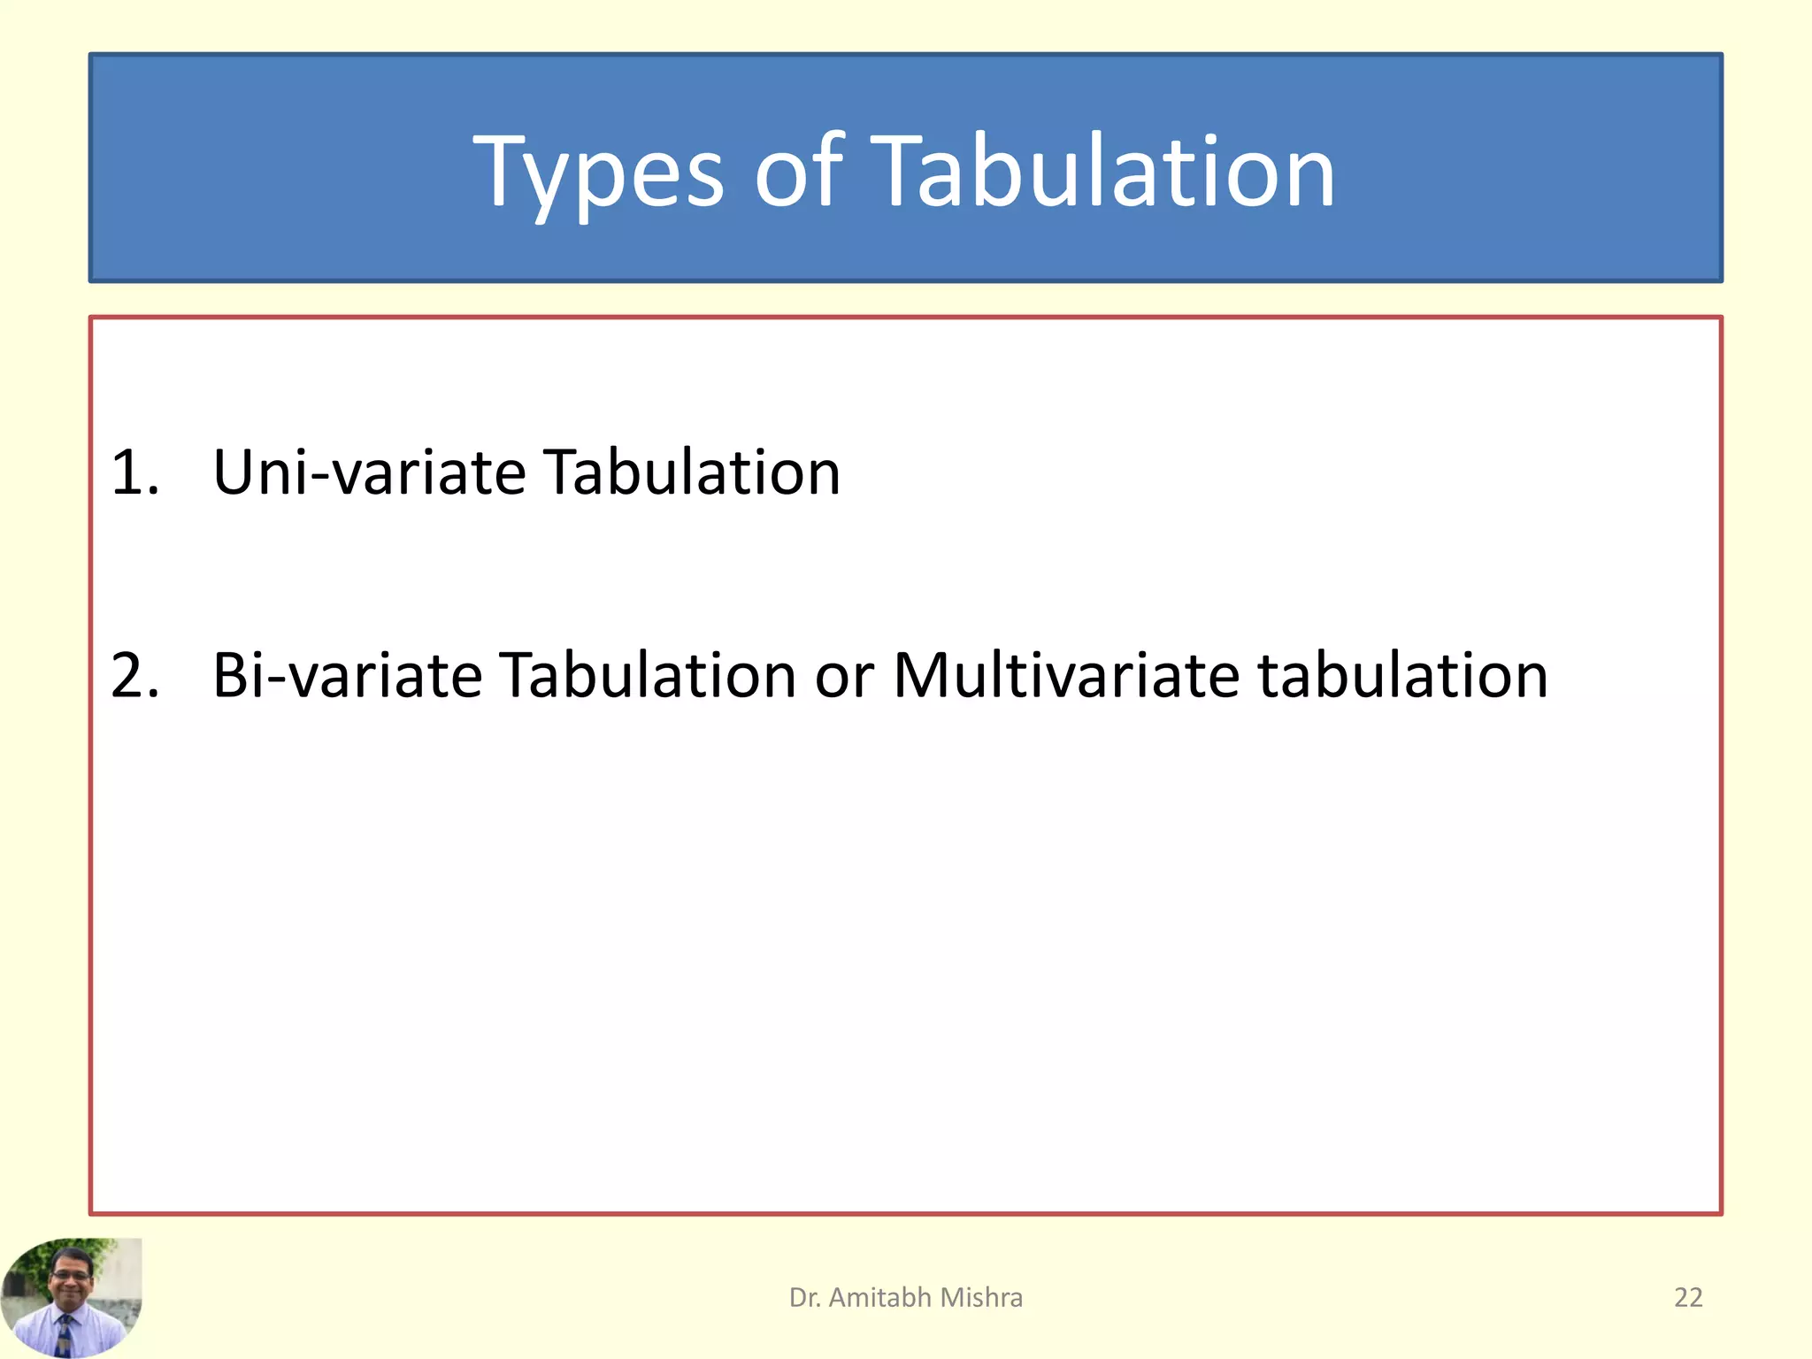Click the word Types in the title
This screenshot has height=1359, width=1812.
click(598, 173)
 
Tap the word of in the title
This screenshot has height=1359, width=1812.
click(798, 173)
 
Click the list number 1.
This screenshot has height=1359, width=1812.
click(134, 472)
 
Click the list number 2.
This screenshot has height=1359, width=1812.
click(134, 676)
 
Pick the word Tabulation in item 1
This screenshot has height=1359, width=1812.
click(691, 472)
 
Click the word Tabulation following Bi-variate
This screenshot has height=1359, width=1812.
click(647, 676)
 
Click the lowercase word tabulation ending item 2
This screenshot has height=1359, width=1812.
click(1403, 676)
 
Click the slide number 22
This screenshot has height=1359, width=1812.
click(1688, 1297)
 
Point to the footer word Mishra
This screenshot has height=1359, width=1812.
click(981, 1297)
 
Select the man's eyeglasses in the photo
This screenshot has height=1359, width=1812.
click(71, 1274)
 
